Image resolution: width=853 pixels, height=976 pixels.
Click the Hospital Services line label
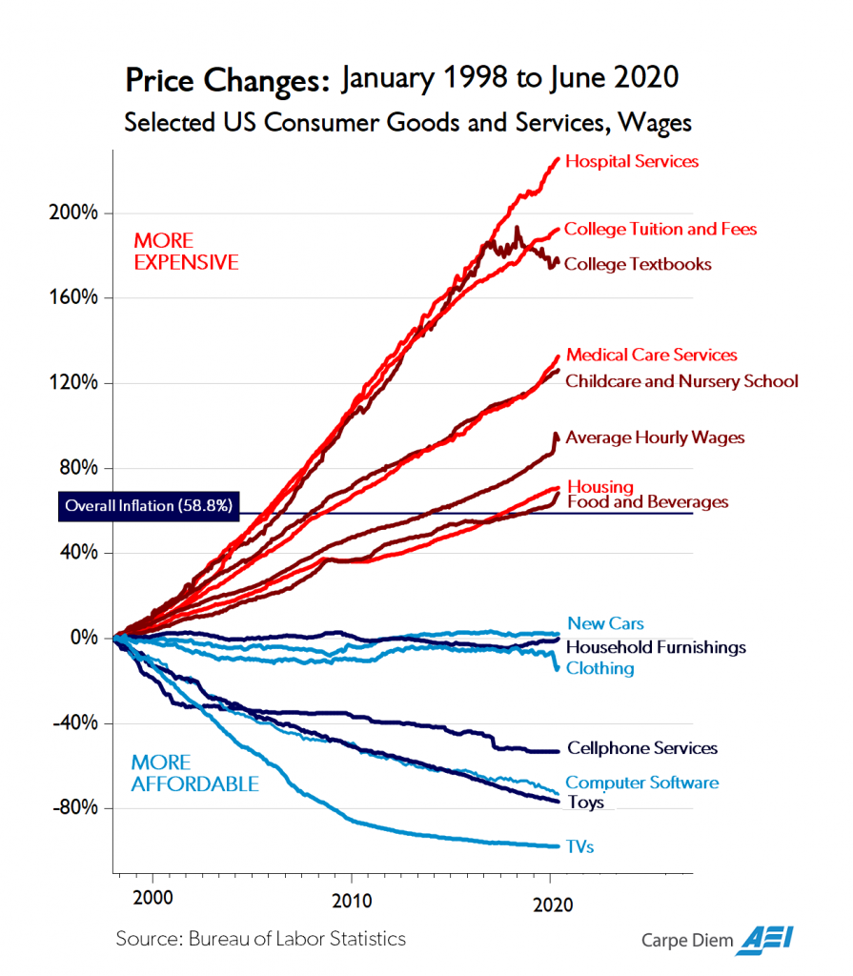pyautogui.click(x=632, y=161)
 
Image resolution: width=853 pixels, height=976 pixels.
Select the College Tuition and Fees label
pyautogui.click(x=660, y=229)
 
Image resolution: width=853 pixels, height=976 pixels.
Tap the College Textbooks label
pyautogui.click(x=638, y=264)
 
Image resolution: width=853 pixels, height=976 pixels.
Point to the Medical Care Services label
pyautogui.click(x=652, y=355)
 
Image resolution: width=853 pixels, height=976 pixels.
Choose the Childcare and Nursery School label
pyautogui.click(x=681, y=381)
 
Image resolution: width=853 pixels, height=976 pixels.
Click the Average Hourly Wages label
pyautogui.click(x=655, y=437)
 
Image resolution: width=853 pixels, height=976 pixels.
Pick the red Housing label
pyautogui.click(x=600, y=486)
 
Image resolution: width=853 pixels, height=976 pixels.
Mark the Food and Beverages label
pyautogui.click(x=647, y=502)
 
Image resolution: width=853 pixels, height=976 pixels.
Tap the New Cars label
pyautogui.click(x=605, y=623)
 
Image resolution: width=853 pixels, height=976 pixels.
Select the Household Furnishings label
pyautogui.click(x=656, y=647)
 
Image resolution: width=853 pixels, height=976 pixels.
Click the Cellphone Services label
pyautogui.click(x=642, y=748)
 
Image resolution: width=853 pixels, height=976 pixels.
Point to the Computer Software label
pyautogui.click(x=642, y=783)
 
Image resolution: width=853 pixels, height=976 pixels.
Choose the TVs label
pyautogui.click(x=580, y=846)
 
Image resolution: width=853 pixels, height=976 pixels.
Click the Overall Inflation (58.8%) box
pyautogui.click(x=148, y=506)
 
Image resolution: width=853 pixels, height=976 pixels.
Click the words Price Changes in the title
pyautogui.click(x=228, y=80)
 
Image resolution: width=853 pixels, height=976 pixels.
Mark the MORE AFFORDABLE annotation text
pyautogui.click(x=194, y=773)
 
